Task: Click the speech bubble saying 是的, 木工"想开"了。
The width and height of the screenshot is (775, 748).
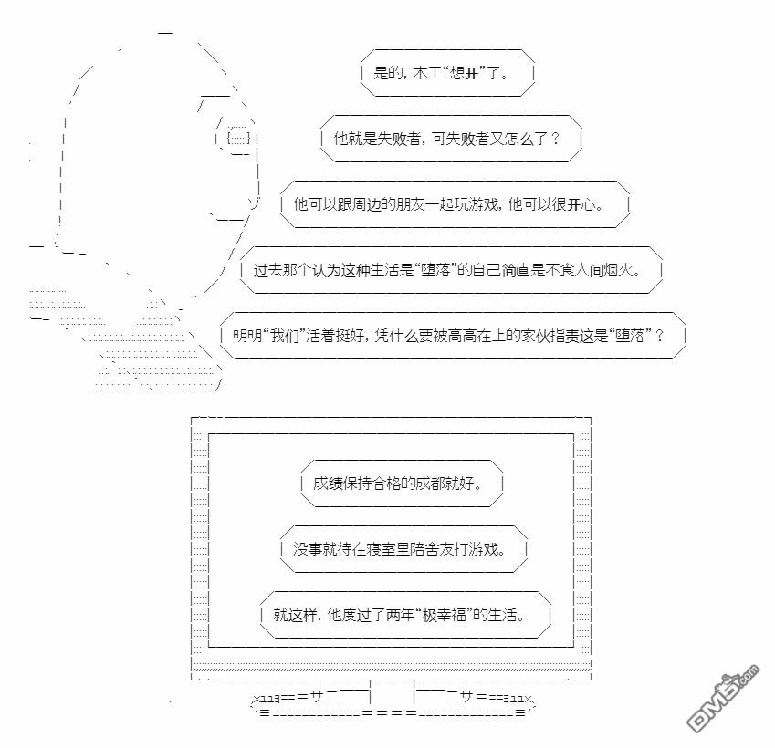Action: point(447,73)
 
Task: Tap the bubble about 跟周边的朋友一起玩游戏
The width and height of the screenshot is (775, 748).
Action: point(455,204)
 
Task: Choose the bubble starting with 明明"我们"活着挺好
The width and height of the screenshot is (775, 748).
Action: point(453,336)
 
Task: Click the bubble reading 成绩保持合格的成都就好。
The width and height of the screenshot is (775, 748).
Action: point(402,483)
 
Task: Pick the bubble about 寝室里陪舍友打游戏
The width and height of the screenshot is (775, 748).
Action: point(404,549)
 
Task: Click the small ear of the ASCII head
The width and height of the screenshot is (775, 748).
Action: point(238,138)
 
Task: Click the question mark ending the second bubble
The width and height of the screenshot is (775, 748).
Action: point(555,139)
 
